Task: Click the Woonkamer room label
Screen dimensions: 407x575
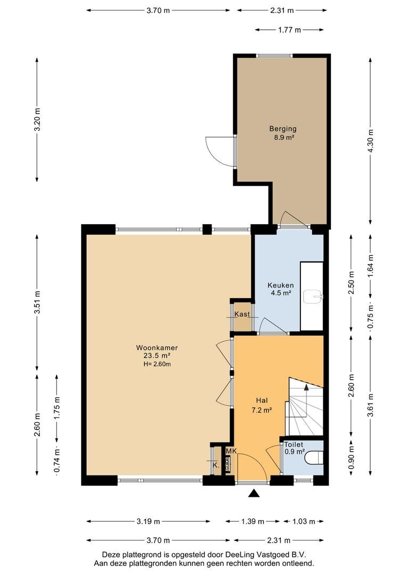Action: (157, 348)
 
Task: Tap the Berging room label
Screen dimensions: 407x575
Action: (282, 129)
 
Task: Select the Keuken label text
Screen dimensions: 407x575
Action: (280, 285)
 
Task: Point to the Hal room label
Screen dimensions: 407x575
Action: (262, 400)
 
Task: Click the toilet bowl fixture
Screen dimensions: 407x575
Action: (314, 458)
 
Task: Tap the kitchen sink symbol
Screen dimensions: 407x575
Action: (313, 297)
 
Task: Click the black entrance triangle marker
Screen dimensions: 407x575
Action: (253, 494)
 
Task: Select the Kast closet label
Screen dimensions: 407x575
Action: (242, 314)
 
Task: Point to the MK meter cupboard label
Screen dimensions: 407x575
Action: (231, 451)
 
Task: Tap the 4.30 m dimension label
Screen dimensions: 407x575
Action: (370, 142)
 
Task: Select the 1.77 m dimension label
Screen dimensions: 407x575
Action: (290, 30)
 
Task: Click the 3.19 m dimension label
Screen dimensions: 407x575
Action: (148, 521)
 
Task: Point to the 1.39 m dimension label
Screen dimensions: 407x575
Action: (253, 521)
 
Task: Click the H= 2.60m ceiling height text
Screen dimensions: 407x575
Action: (157, 364)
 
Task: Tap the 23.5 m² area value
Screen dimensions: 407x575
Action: (157, 356)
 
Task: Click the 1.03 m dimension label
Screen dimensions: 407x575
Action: (303, 521)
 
